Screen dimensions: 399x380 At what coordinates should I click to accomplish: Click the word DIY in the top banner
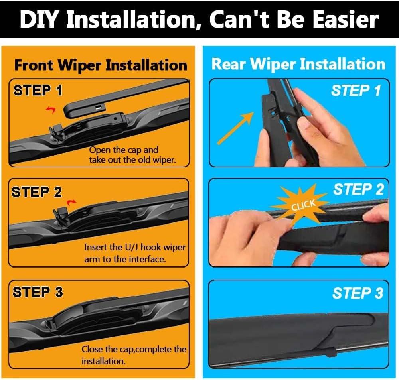point(41,20)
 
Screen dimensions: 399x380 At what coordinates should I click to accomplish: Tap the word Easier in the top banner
point(346,20)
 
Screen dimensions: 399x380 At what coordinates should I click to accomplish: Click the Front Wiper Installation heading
point(101,65)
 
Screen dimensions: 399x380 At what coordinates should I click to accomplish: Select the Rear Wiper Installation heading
point(298,64)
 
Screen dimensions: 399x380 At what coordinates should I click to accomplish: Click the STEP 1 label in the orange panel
point(38,90)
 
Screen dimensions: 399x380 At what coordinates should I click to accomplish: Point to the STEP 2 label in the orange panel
point(37,192)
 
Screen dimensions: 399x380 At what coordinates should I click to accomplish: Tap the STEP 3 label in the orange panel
point(38,292)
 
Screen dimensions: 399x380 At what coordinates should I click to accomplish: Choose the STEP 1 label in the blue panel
point(356,91)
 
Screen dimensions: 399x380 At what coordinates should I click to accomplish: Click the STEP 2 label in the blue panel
point(359,189)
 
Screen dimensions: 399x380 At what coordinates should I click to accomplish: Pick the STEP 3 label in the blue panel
point(358,293)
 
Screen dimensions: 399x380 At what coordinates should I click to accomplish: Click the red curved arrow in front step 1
point(51,110)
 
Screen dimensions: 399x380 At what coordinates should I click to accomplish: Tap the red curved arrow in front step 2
point(71,203)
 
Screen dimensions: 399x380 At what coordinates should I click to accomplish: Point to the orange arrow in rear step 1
point(235,128)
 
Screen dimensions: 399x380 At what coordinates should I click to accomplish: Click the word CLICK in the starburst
point(303,205)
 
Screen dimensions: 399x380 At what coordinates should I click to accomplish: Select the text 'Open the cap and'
point(124,150)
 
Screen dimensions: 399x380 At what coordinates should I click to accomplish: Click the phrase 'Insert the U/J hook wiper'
point(135,247)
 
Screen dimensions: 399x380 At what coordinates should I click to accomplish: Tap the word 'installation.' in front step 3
point(104,361)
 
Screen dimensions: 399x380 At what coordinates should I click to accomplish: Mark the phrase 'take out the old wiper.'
point(132,160)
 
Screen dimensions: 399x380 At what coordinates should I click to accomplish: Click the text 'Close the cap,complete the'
point(134,349)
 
